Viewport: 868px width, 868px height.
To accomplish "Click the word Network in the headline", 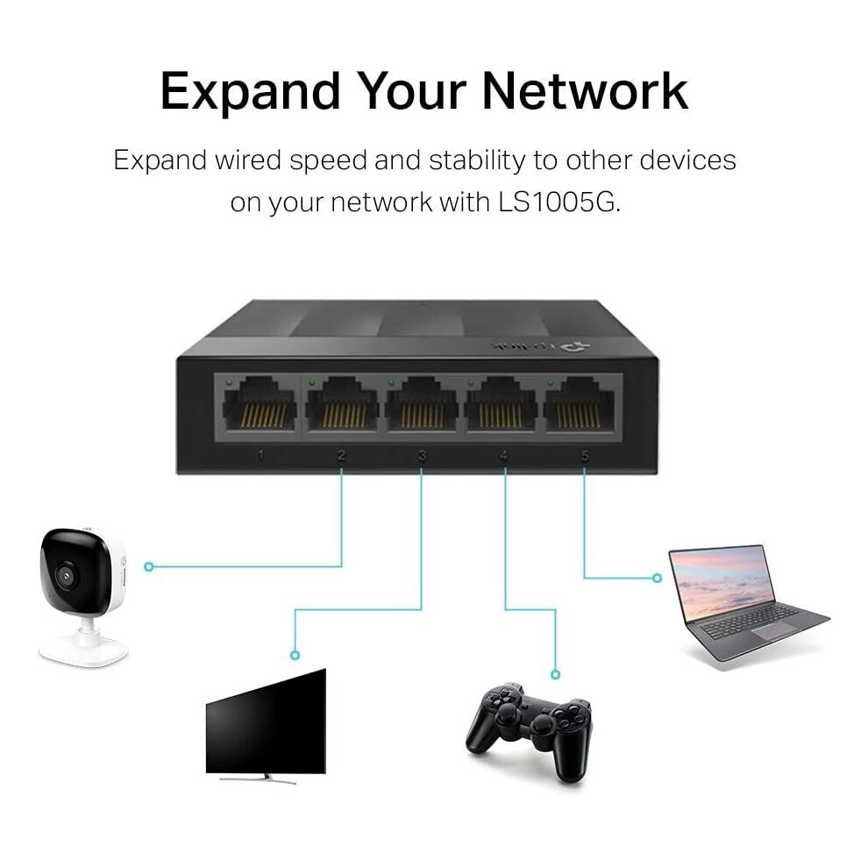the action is (x=585, y=91).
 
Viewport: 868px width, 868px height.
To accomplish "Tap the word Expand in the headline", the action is (x=250, y=92).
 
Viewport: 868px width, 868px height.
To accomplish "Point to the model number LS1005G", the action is (x=557, y=202).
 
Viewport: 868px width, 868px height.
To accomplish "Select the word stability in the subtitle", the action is (x=477, y=160).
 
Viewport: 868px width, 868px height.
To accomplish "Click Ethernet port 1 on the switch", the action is (x=260, y=404).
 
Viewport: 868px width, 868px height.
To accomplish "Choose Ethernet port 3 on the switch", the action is (x=422, y=404).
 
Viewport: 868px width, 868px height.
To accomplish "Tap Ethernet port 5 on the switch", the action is (x=579, y=404).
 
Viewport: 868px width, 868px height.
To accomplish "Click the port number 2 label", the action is (x=341, y=456).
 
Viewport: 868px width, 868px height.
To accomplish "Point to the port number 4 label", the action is (x=503, y=456).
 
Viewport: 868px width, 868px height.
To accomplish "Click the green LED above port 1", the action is (x=229, y=382).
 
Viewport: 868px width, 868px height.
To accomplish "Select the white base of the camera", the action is (x=83, y=651).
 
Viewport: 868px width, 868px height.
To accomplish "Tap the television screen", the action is (x=266, y=722).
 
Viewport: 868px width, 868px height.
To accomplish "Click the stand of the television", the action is (x=258, y=779).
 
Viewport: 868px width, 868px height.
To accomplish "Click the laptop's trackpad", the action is (x=773, y=631).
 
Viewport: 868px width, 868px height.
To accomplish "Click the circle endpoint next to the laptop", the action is (x=657, y=578).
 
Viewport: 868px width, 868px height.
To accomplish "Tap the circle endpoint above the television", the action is (x=295, y=656).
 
